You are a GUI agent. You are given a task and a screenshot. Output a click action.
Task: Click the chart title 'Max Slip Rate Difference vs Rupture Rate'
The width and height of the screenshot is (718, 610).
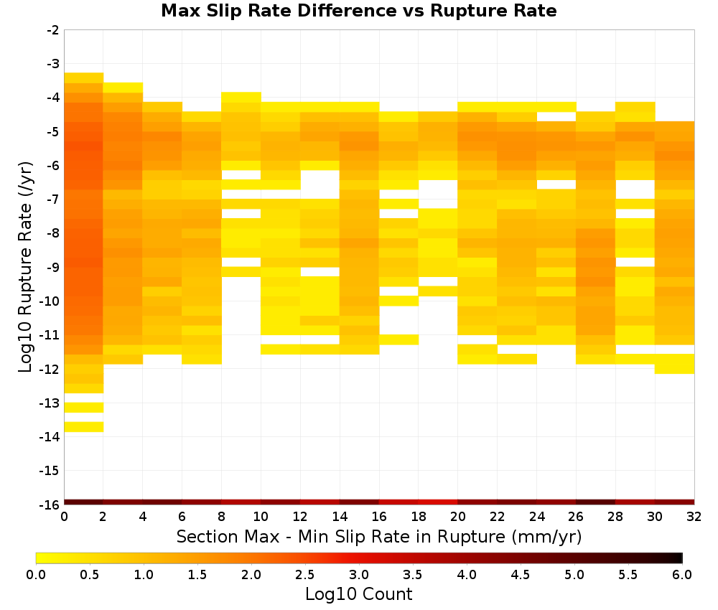[x=358, y=11]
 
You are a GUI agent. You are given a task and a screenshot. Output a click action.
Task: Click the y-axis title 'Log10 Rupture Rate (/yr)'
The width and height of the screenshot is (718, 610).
[x=25, y=267]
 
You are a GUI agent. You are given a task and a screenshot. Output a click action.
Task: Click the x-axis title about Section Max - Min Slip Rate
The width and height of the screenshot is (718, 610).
[x=378, y=536]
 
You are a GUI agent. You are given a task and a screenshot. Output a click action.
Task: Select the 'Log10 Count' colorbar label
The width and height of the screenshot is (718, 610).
[x=358, y=594]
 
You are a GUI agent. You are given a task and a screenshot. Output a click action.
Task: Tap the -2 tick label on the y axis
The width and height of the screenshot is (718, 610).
[x=52, y=30]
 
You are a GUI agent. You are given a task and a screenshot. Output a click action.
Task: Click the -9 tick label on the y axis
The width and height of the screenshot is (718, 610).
[x=52, y=267]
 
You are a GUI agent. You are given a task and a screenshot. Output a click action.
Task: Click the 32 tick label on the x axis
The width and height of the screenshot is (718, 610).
[x=694, y=517]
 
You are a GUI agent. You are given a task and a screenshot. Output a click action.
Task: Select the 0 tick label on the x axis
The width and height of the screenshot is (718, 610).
[x=64, y=517]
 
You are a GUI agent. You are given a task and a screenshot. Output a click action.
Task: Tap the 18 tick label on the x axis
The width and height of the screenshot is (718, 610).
[x=419, y=517]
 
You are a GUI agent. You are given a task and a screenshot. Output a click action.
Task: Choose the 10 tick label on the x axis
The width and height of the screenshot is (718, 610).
[x=261, y=517]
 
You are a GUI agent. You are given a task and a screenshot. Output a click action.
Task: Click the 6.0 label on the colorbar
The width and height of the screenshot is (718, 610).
[x=682, y=575]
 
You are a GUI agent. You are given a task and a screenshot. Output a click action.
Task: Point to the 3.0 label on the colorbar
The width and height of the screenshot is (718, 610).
[x=359, y=575]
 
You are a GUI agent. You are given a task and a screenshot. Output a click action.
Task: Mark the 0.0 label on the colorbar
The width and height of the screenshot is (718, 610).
[x=36, y=575]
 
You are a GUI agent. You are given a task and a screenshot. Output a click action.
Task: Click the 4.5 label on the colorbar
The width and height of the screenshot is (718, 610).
[x=521, y=575]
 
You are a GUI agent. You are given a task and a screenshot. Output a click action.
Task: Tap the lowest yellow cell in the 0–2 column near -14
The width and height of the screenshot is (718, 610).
[x=84, y=427]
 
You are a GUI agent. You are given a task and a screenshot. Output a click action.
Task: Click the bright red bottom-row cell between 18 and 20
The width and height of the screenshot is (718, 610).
[x=438, y=502]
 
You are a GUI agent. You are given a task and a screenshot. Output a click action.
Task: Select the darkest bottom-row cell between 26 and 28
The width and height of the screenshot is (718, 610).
[x=596, y=502]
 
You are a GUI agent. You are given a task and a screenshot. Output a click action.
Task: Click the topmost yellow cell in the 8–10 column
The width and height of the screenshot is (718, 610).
[x=241, y=97]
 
